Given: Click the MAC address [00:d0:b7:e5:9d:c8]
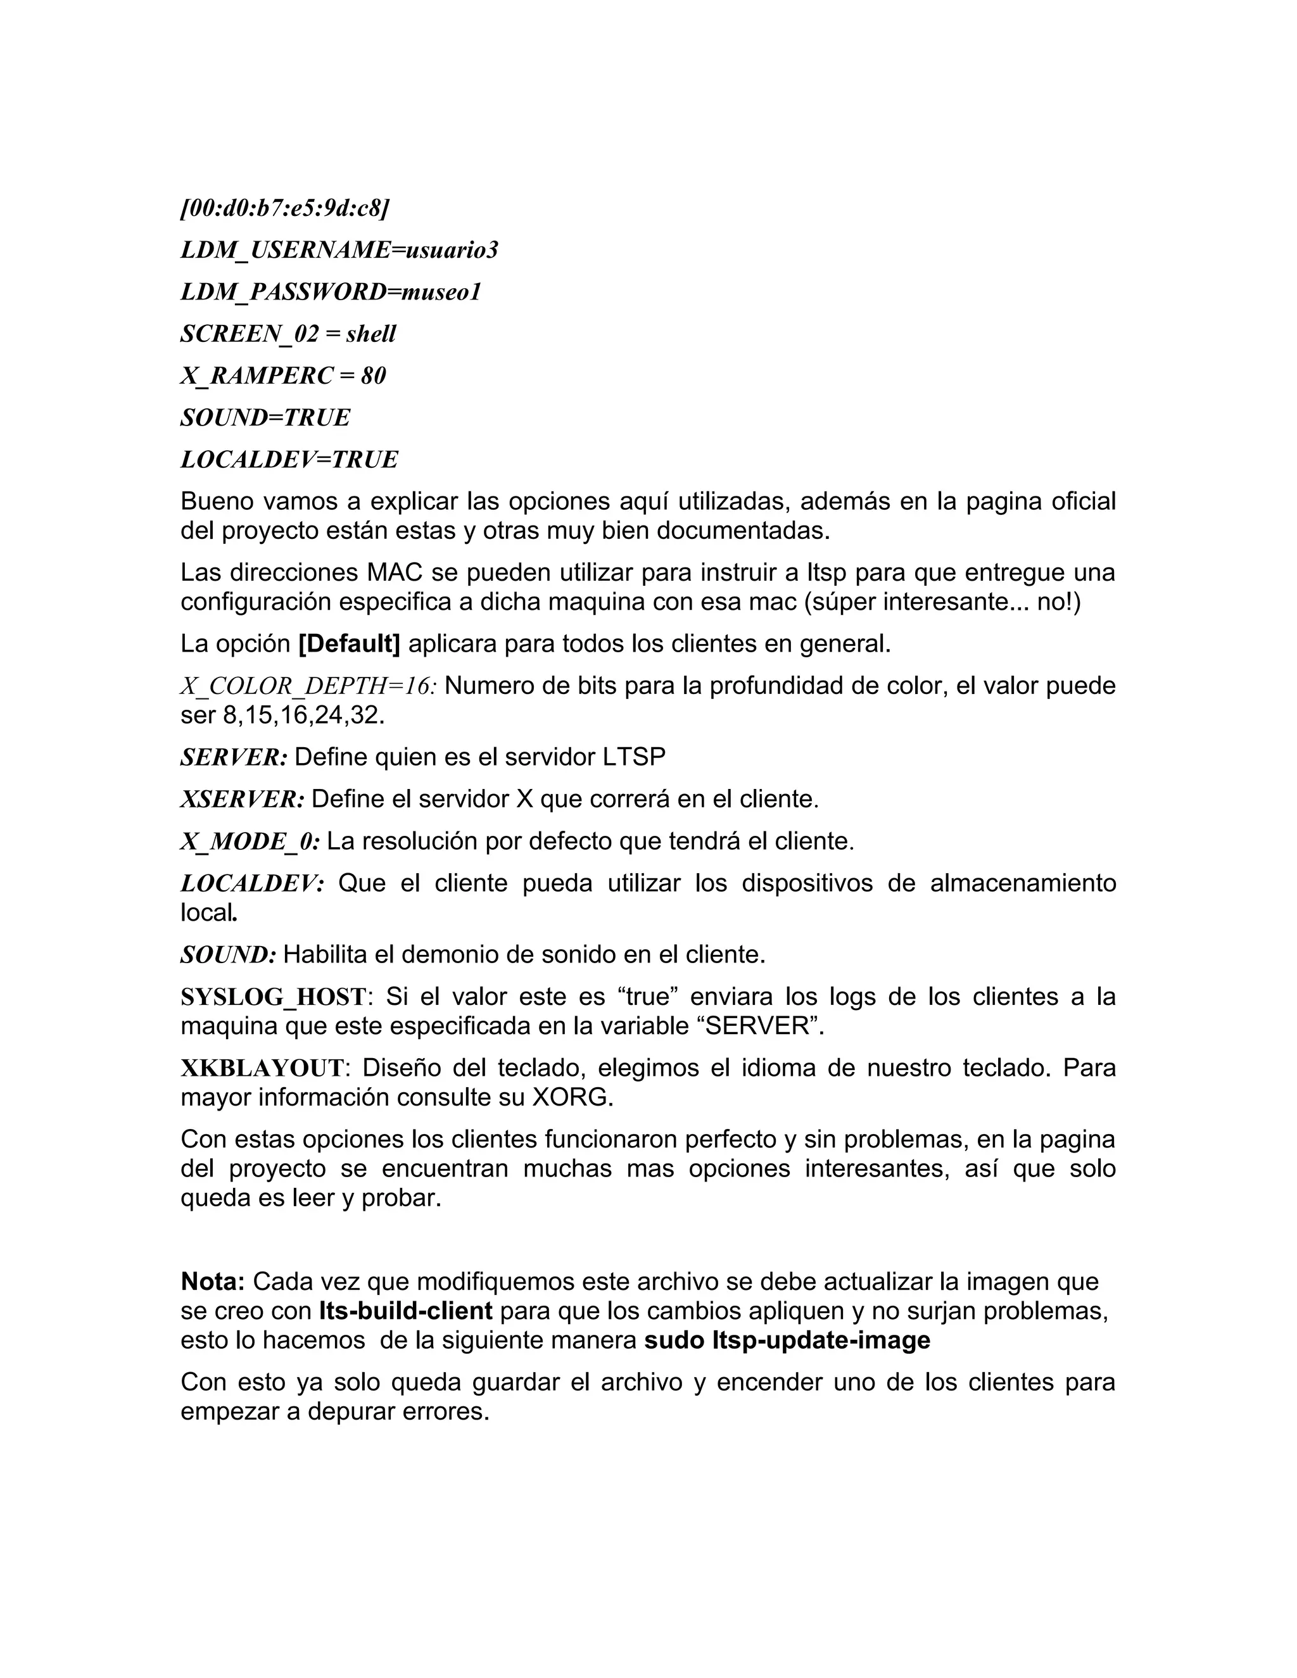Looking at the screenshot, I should [285, 208].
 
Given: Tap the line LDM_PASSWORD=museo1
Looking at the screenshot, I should [331, 292].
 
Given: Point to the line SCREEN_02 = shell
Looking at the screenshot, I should [288, 334].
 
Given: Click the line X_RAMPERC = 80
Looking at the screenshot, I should [282, 375].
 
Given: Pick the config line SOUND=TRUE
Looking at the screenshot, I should [265, 417].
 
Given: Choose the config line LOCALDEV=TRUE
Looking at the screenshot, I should [289, 460].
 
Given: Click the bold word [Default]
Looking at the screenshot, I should [349, 644].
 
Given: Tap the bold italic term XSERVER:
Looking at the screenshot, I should [242, 800].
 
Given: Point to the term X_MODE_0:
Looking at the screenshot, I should [250, 842].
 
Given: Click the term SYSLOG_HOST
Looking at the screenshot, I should [273, 997].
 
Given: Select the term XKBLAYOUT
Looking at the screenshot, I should [262, 1068].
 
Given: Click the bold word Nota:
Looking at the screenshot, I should [213, 1282].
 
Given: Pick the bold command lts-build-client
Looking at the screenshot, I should [406, 1311].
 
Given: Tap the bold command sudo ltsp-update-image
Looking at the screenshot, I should [787, 1341].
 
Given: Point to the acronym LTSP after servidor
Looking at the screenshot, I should [634, 757].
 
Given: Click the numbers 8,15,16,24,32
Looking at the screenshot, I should [302, 716].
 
